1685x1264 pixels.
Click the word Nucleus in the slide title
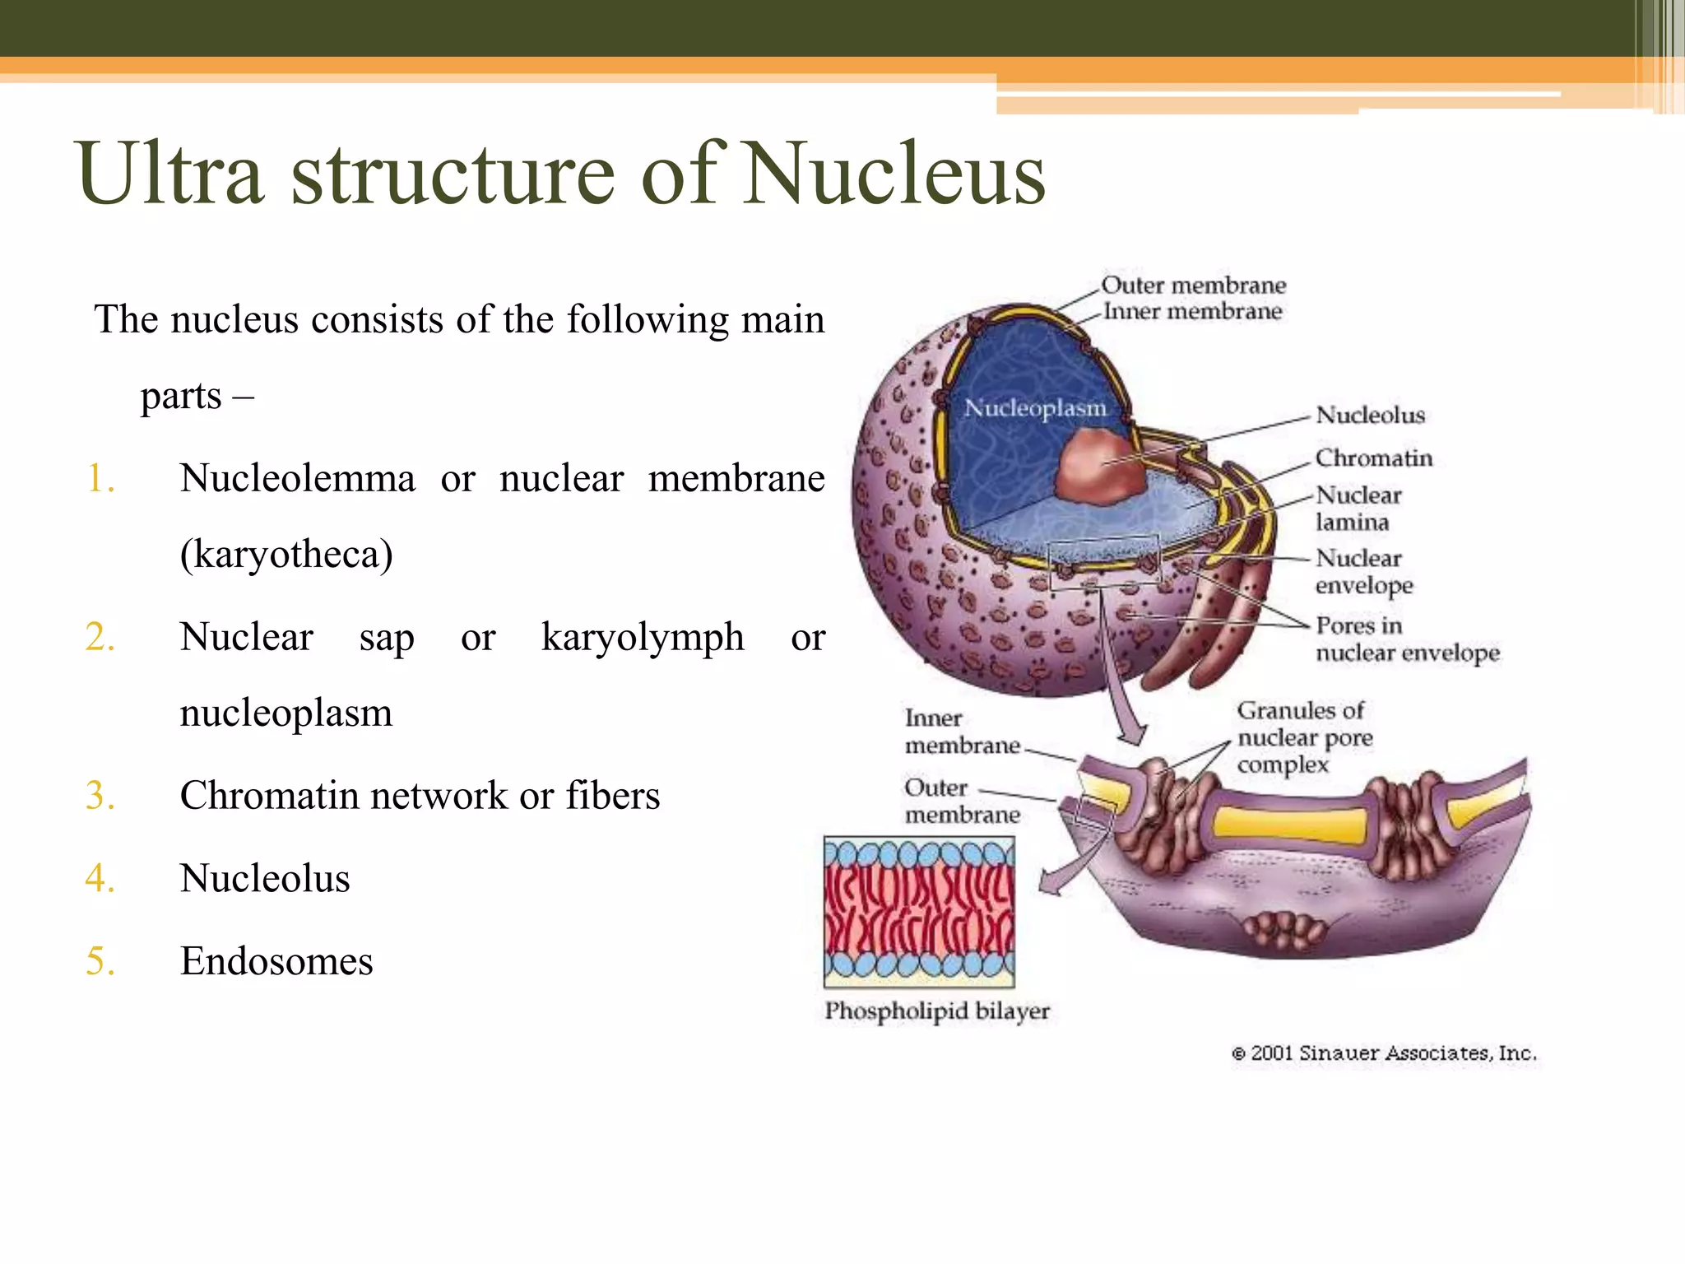tap(894, 174)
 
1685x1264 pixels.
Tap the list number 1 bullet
tap(100, 479)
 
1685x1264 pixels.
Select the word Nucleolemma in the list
tap(297, 479)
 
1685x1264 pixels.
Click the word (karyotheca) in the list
tap(286, 555)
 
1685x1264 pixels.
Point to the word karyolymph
tap(643, 638)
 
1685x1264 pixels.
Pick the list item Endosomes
tap(276, 961)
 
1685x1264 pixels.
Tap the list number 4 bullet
tap(100, 879)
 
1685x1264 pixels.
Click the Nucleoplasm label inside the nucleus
tap(1034, 408)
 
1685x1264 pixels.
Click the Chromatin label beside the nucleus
tap(1373, 458)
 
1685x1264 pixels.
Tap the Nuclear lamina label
tap(1358, 509)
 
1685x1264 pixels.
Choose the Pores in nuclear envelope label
tap(1406, 639)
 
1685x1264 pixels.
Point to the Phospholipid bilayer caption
tap(937, 1011)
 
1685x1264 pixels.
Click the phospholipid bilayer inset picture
tap(919, 912)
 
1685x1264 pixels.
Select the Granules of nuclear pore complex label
tap(1304, 737)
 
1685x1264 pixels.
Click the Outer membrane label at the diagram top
tap(1193, 286)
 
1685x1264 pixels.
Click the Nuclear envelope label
tap(1363, 572)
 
